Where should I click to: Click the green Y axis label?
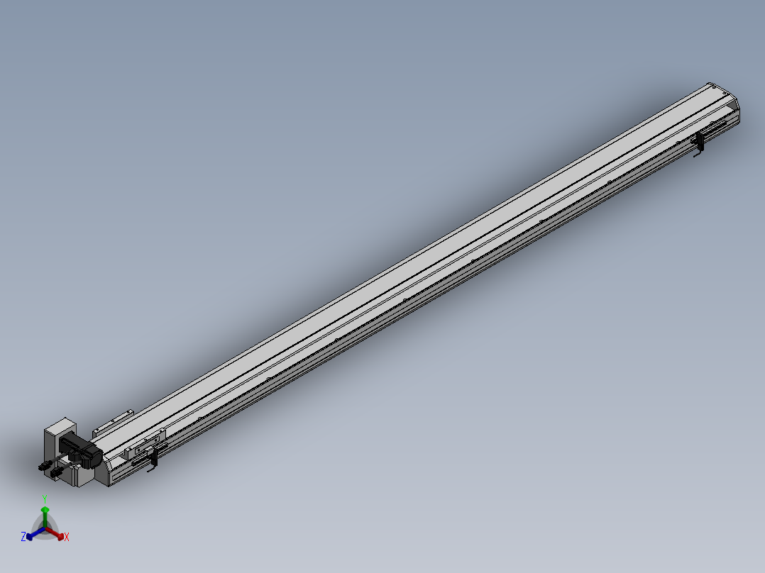[45, 499]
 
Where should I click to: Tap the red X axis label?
[67, 537]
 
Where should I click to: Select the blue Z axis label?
[23, 536]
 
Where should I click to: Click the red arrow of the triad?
[55, 533]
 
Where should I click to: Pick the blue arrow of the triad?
[35, 533]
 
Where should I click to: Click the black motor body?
[80, 450]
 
